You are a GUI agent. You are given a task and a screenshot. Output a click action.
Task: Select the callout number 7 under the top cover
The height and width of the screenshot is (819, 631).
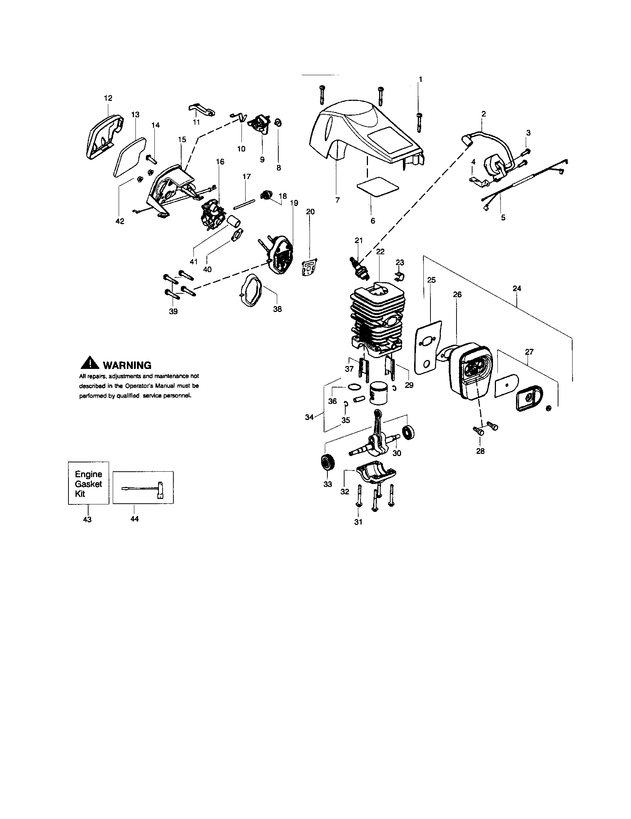click(337, 200)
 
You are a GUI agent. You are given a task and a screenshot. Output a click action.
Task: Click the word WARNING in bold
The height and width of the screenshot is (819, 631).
click(127, 365)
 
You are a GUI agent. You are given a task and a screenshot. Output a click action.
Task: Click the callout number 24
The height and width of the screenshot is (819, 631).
click(517, 289)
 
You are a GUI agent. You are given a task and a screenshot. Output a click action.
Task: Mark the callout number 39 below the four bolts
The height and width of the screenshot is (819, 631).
click(173, 311)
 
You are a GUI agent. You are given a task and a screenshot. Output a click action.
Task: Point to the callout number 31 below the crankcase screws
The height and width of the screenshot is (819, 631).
click(358, 522)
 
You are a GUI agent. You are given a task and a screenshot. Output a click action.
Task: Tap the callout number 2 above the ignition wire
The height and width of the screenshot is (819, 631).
click(484, 114)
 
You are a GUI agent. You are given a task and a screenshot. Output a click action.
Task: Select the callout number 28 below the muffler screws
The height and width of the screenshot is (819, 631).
click(480, 451)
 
